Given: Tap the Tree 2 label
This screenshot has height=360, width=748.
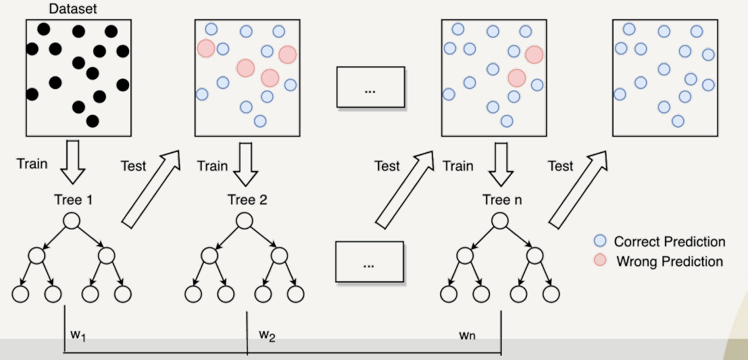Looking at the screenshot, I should click(x=243, y=200).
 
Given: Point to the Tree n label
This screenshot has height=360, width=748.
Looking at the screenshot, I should click(x=499, y=200).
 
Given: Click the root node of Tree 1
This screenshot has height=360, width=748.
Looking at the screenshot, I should click(x=72, y=222).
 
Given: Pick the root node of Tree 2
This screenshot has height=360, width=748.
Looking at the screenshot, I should click(x=244, y=222).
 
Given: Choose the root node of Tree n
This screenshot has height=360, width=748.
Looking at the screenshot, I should click(x=499, y=222).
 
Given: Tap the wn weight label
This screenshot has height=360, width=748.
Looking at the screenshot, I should click(x=468, y=334).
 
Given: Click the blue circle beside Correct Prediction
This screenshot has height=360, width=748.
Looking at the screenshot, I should click(x=599, y=241).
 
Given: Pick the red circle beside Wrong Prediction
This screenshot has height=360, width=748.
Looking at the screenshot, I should click(x=599, y=261).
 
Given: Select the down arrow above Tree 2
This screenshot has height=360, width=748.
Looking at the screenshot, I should click(x=244, y=162).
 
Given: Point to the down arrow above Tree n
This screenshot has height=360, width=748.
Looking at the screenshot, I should click(x=499, y=162).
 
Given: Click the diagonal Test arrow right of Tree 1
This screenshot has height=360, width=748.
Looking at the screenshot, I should click(x=152, y=187).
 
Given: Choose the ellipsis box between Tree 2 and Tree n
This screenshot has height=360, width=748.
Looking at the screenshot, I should click(x=369, y=261).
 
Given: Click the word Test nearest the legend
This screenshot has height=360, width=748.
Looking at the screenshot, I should click(x=560, y=166).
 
